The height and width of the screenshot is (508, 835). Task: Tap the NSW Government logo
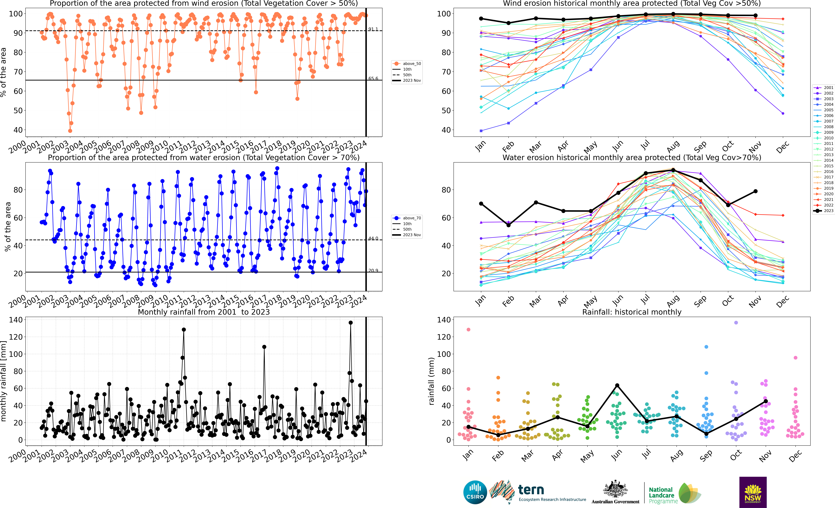[x=753, y=492]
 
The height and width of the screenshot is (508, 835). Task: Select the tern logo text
[x=531, y=490]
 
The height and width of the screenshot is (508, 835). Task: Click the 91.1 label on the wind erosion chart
[x=373, y=29]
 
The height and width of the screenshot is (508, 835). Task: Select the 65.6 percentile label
[x=373, y=79]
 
